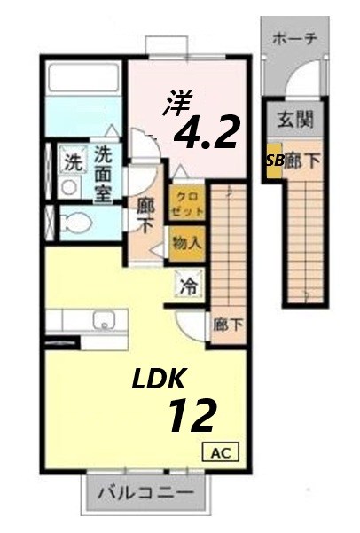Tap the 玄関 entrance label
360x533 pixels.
pos(293,118)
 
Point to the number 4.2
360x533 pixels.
pos(207,133)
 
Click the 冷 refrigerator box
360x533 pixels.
pos(189,286)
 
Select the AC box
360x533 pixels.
pos(223,451)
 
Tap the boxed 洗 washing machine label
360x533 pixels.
pos(70,163)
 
